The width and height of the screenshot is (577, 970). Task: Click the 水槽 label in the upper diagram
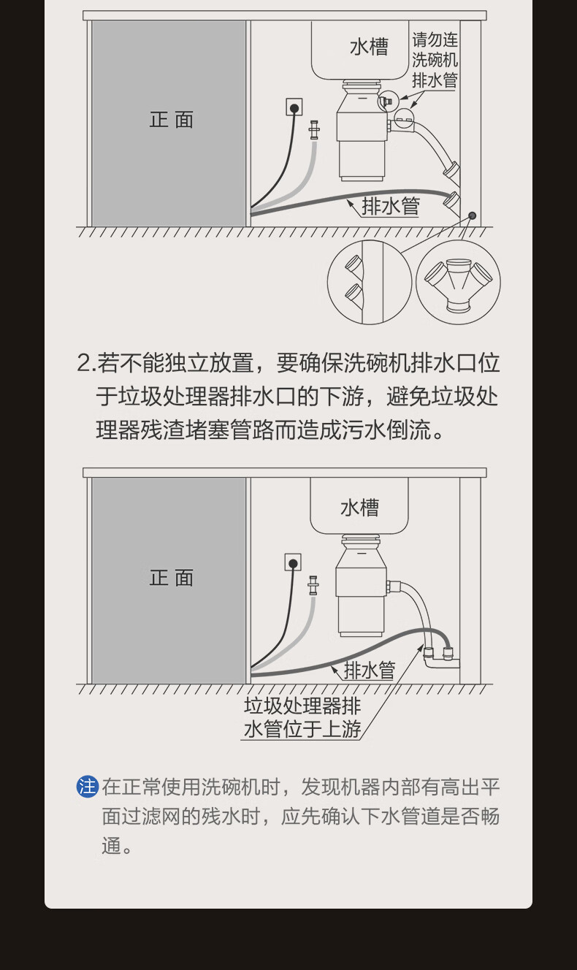(369, 47)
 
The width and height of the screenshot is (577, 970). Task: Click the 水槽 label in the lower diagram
(359, 508)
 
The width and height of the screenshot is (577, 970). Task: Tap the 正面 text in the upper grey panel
(172, 120)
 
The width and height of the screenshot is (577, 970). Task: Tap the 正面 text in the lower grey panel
(172, 578)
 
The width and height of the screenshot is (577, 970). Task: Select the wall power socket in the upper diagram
(294, 107)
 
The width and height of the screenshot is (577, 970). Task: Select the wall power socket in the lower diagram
(293, 562)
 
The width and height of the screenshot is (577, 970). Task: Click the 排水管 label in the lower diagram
(370, 671)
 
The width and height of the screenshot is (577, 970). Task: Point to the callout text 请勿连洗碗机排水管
(435, 60)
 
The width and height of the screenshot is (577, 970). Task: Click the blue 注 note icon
(88, 787)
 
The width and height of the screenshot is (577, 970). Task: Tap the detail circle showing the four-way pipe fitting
(458, 283)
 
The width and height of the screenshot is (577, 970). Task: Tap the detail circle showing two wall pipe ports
(370, 283)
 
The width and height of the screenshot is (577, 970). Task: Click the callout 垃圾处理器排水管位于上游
(302, 717)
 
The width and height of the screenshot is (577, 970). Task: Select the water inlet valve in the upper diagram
(314, 130)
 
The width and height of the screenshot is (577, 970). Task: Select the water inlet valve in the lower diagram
(313, 585)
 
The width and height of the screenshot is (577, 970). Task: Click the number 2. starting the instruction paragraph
(86, 363)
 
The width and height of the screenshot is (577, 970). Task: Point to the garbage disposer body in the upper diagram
(362, 130)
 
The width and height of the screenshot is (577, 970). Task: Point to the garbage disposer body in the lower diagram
(361, 586)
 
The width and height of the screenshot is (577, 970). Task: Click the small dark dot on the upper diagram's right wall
(473, 215)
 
